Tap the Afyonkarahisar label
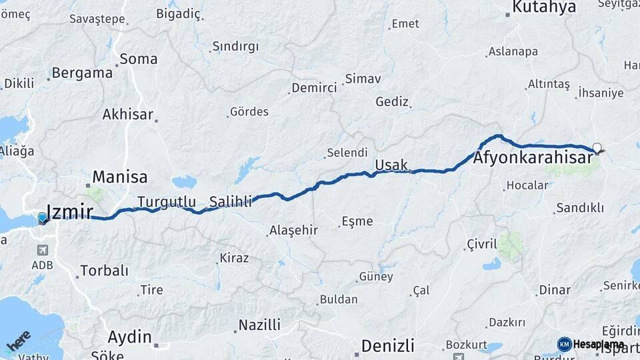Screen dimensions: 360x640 [x=533, y=159]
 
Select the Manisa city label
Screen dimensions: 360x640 [x=119, y=177]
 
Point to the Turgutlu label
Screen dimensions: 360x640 [x=167, y=201]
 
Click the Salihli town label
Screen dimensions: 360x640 [x=231, y=201]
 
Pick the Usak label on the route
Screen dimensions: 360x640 [x=391, y=165]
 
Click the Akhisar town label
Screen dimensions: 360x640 [x=127, y=115]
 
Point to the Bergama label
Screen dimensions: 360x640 [x=82, y=73]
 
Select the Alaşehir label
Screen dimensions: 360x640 [x=293, y=231]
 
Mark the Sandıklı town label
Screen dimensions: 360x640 [x=580, y=208]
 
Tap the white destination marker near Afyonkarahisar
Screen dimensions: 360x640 [x=597, y=148]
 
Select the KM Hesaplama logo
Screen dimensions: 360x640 [x=591, y=345]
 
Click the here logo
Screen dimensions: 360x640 [x=19, y=342]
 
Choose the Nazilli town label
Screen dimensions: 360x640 [x=259, y=325]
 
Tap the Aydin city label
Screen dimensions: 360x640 [x=129, y=337]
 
